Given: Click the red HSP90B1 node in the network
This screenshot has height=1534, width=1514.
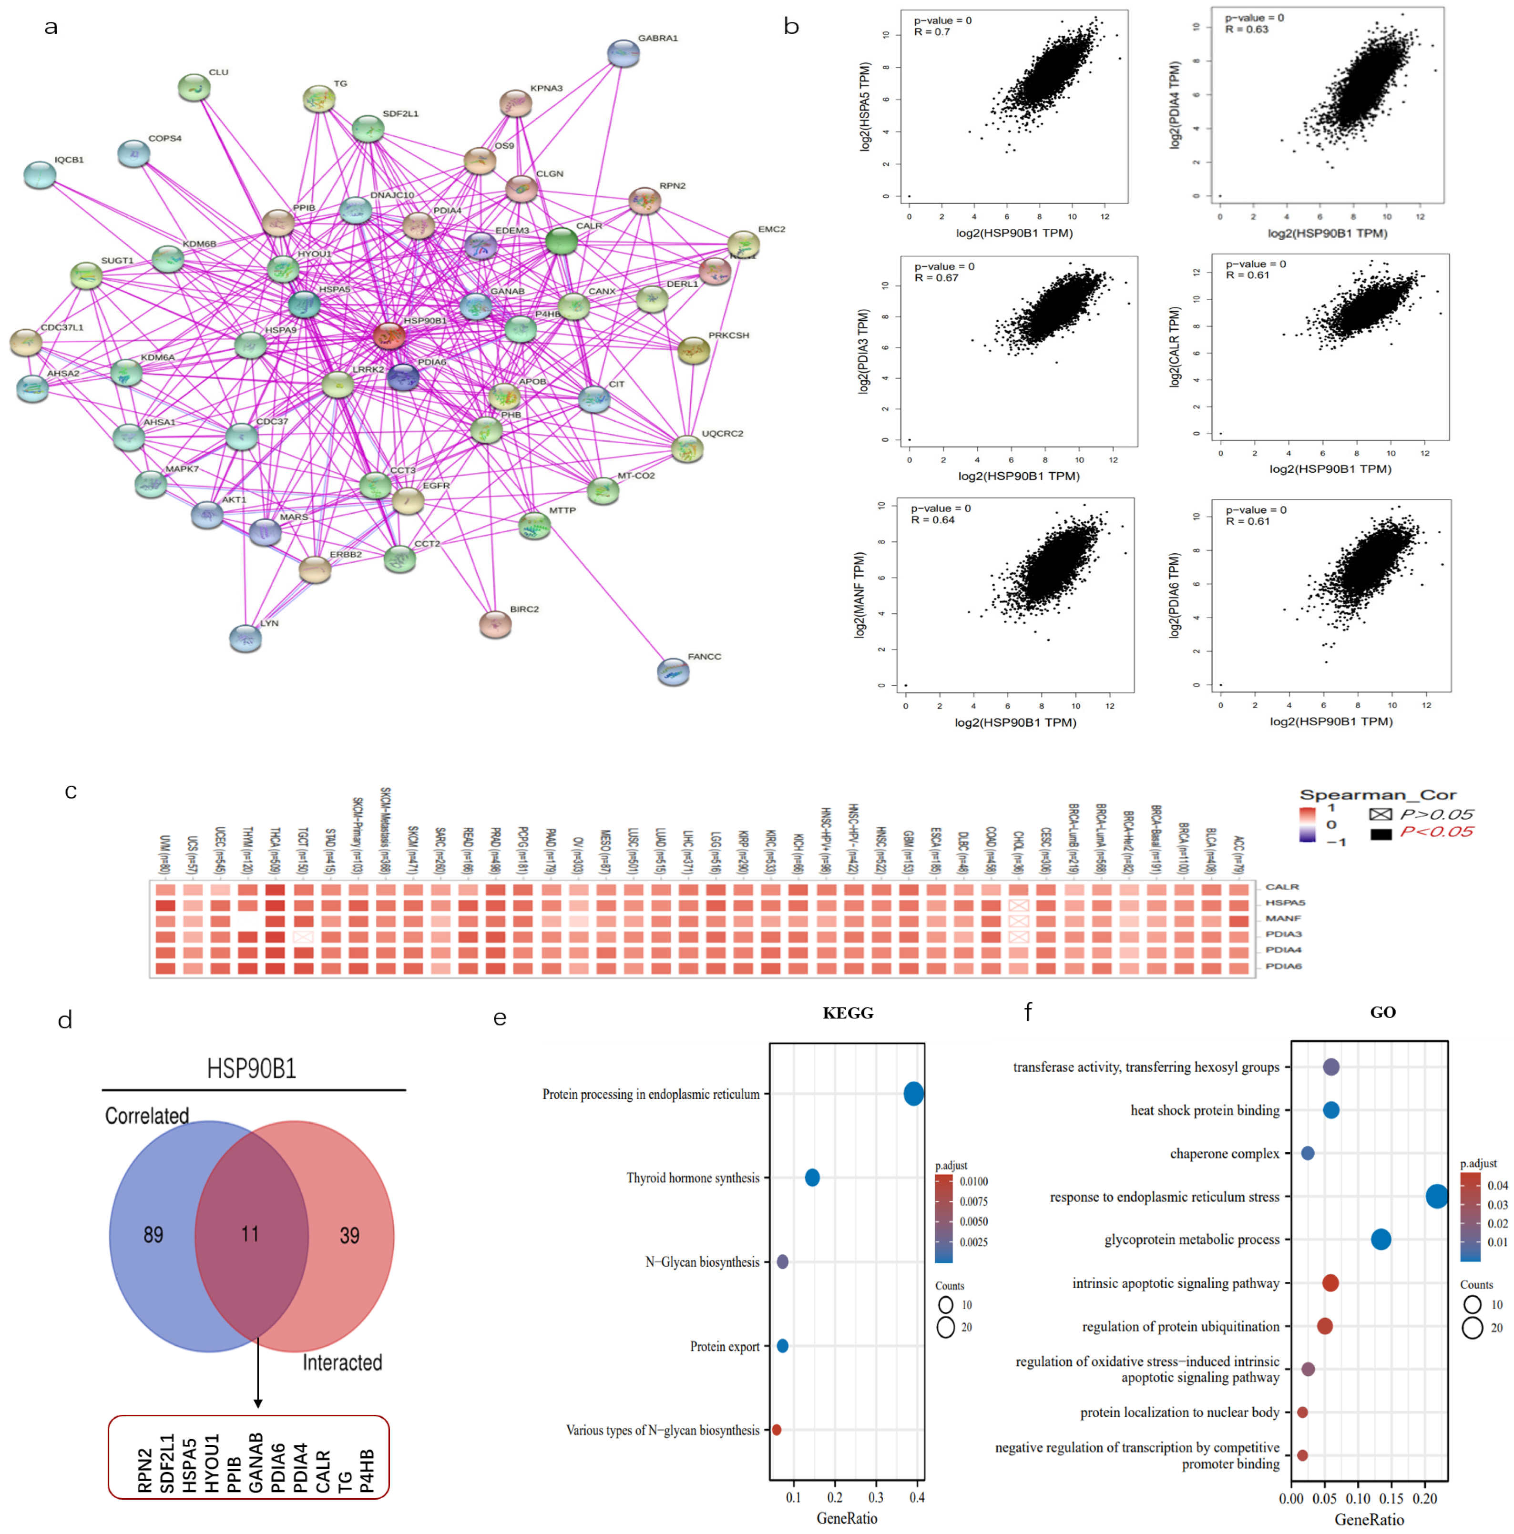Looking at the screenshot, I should tap(389, 336).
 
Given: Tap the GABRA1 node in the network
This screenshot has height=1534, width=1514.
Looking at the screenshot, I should tap(624, 53).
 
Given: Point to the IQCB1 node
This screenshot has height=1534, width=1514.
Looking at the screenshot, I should tap(40, 175).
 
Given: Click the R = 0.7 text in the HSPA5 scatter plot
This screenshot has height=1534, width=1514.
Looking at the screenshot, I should tap(932, 32).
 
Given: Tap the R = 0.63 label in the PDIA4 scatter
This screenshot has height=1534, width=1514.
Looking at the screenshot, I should tap(1246, 30).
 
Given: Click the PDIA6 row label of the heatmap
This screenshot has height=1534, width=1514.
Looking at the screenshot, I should tap(1283, 966).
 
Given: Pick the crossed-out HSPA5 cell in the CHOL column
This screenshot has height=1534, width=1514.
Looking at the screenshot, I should tap(1018, 905).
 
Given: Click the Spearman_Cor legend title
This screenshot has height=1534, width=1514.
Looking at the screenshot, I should tap(1377, 795).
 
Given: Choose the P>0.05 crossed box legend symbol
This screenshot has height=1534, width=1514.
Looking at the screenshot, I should tap(1381, 814).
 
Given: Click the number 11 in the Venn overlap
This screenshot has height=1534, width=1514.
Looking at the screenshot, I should tap(250, 1233).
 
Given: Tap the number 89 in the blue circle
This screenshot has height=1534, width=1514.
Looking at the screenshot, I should tap(153, 1235).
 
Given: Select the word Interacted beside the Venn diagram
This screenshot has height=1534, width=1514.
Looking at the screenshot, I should tap(342, 1362).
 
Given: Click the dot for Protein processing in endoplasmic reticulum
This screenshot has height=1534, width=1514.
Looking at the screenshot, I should tap(913, 1093).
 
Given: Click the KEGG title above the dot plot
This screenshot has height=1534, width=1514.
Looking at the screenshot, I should tap(848, 1012).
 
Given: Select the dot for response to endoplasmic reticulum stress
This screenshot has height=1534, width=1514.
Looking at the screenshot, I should tap(1436, 1196).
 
